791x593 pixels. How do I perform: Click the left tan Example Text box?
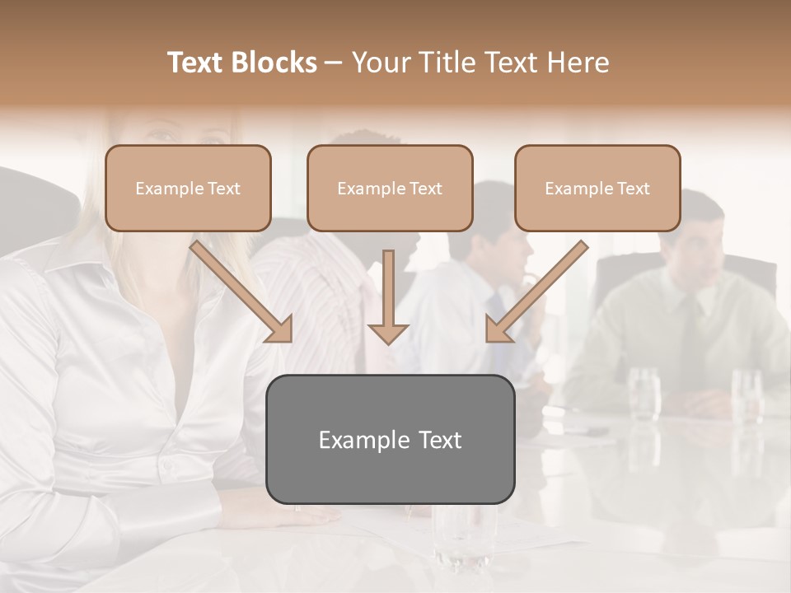click(x=188, y=188)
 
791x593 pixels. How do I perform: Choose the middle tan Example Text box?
click(x=390, y=188)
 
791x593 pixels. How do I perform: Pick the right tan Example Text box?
click(x=597, y=188)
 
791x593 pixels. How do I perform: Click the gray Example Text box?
click(x=390, y=439)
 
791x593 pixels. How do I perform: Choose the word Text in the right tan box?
click(x=633, y=189)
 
